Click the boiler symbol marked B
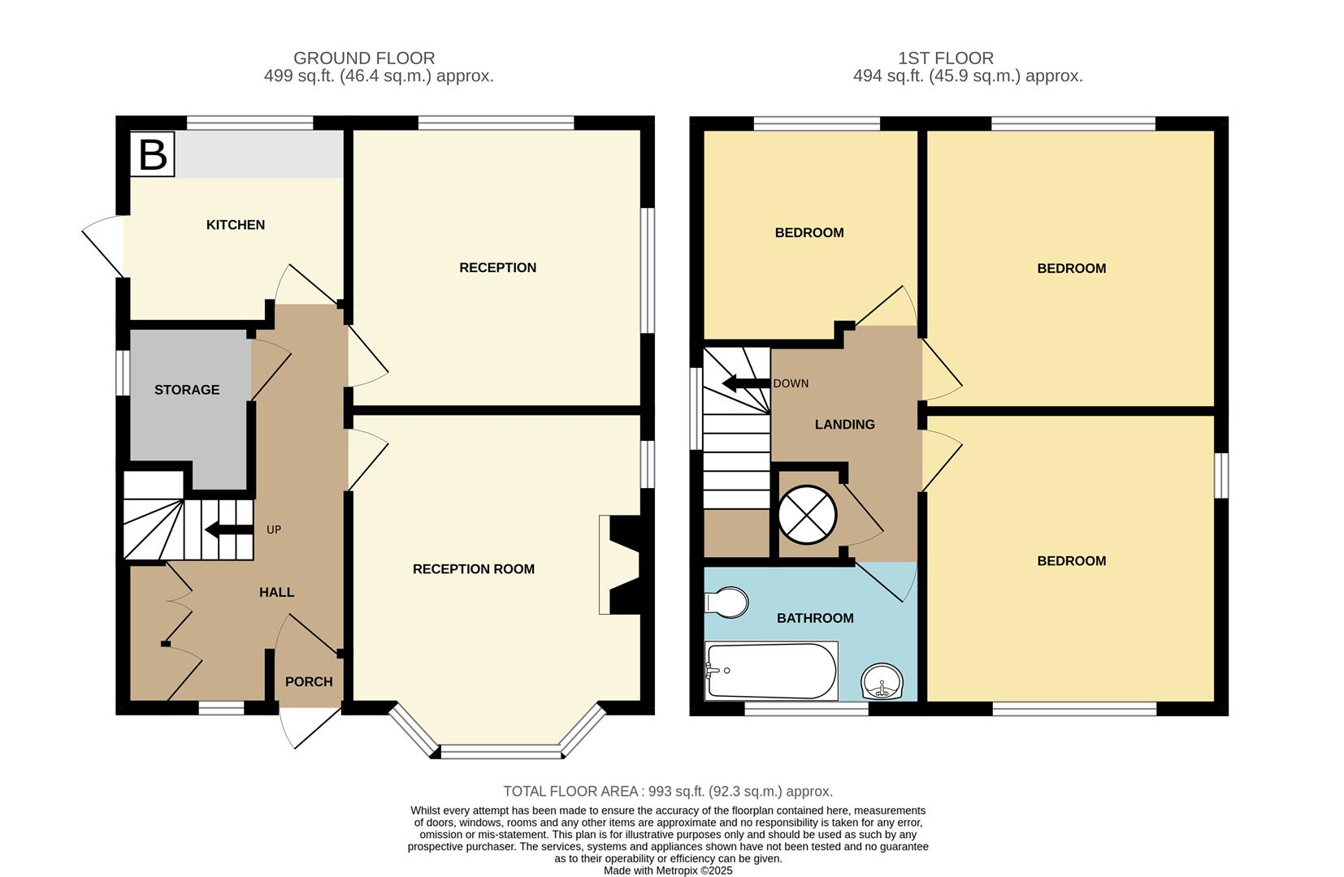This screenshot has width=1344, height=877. pyautogui.click(x=153, y=154)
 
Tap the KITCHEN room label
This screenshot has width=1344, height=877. pyautogui.click(x=236, y=225)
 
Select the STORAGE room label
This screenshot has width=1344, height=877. pyautogui.click(x=187, y=390)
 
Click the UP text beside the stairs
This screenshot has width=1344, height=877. pyautogui.click(x=274, y=529)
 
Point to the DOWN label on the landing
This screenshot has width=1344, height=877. pyautogui.click(x=791, y=383)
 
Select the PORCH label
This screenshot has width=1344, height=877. pyautogui.click(x=309, y=682)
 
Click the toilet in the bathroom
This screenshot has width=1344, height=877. pyautogui.click(x=727, y=603)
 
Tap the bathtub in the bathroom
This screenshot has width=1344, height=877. pyautogui.click(x=770, y=671)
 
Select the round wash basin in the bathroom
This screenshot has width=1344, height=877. pyautogui.click(x=882, y=681)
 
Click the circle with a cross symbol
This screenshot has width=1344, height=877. pyautogui.click(x=807, y=516)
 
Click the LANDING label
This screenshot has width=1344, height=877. pyautogui.click(x=845, y=425)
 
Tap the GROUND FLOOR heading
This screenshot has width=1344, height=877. pyautogui.click(x=364, y=58)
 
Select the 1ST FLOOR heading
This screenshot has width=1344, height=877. pyautogui.click(x=946, y=58)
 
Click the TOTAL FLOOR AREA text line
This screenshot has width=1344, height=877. pyautogui.click(x=668, y=792)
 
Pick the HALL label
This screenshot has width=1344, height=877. pyautogui.click(x=277, y=593)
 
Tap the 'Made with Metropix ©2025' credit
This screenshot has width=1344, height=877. pyautogui.click(x=668, y=871)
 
